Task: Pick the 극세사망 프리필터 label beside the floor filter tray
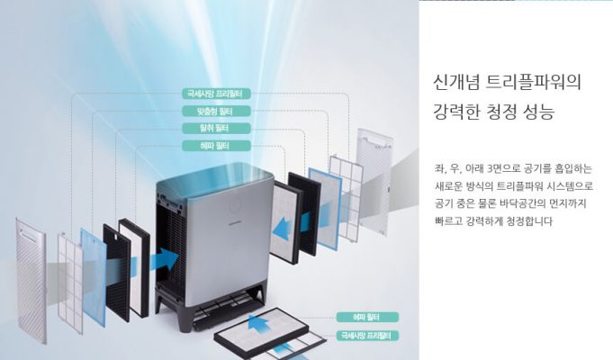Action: point(364,336)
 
